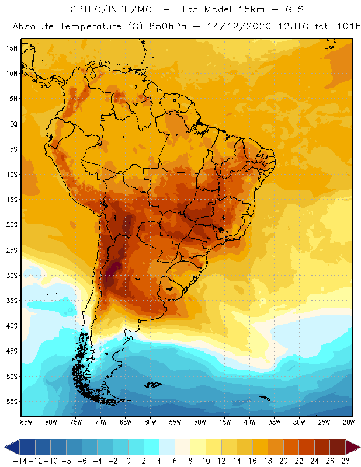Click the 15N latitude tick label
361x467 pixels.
coord(11,48)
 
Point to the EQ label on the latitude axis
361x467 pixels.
coord(12,124)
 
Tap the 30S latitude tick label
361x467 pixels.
coord(11,275)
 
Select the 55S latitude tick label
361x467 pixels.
coord(11,402)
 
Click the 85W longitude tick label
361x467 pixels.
coord(26,421)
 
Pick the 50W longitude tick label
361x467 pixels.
coord(200,421)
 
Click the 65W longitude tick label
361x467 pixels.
coord(125,421)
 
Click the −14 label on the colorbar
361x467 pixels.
coord(19,461)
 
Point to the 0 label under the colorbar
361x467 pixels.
coord(129,461)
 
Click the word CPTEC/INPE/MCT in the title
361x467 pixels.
coord(108,10)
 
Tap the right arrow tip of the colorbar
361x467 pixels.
coord(357,447)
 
